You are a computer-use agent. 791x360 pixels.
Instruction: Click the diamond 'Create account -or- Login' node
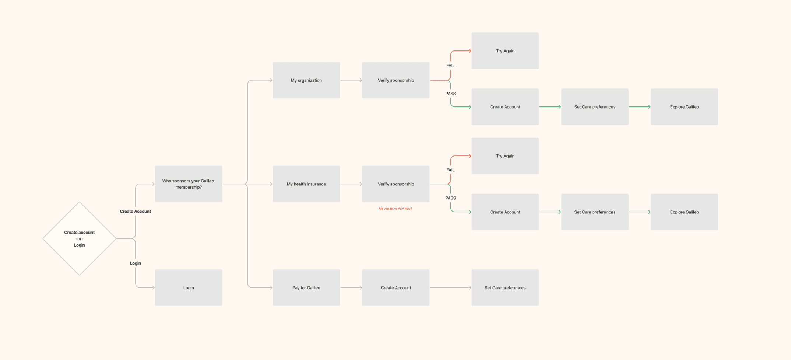point(79,238)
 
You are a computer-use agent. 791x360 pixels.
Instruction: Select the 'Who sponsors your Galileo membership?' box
point(189,184)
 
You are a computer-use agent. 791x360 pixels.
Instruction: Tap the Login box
point(189,287)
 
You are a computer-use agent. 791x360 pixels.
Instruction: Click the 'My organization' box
point(306,80)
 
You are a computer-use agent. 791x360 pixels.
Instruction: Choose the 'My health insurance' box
point(306,184)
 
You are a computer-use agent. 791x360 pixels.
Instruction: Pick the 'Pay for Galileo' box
point(306,287)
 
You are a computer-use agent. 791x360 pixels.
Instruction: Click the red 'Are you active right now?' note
point(395,209)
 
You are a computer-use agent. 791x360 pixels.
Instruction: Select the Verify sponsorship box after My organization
point(396,80)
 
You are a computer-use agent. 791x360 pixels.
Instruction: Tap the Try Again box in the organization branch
point(505,51)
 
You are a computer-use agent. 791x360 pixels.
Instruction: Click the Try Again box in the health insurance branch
point(505,156)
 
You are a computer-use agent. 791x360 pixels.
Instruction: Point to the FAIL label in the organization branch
point(450,66)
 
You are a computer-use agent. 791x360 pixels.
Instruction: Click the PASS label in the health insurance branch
point(450,198)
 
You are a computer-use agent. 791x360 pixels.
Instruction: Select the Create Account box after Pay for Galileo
point(396,287)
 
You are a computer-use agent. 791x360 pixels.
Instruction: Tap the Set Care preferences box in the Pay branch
point(505,287)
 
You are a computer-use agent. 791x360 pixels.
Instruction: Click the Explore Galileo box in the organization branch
point(684,107)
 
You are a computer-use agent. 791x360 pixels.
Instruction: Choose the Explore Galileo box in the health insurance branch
point(684,212)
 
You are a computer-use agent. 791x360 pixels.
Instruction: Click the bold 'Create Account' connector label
point(135,211)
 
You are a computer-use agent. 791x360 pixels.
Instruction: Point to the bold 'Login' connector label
point(135,263)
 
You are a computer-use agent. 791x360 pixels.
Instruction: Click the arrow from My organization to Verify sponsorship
point(351,80)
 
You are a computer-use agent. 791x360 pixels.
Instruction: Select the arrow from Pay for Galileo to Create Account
point(351,287)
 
